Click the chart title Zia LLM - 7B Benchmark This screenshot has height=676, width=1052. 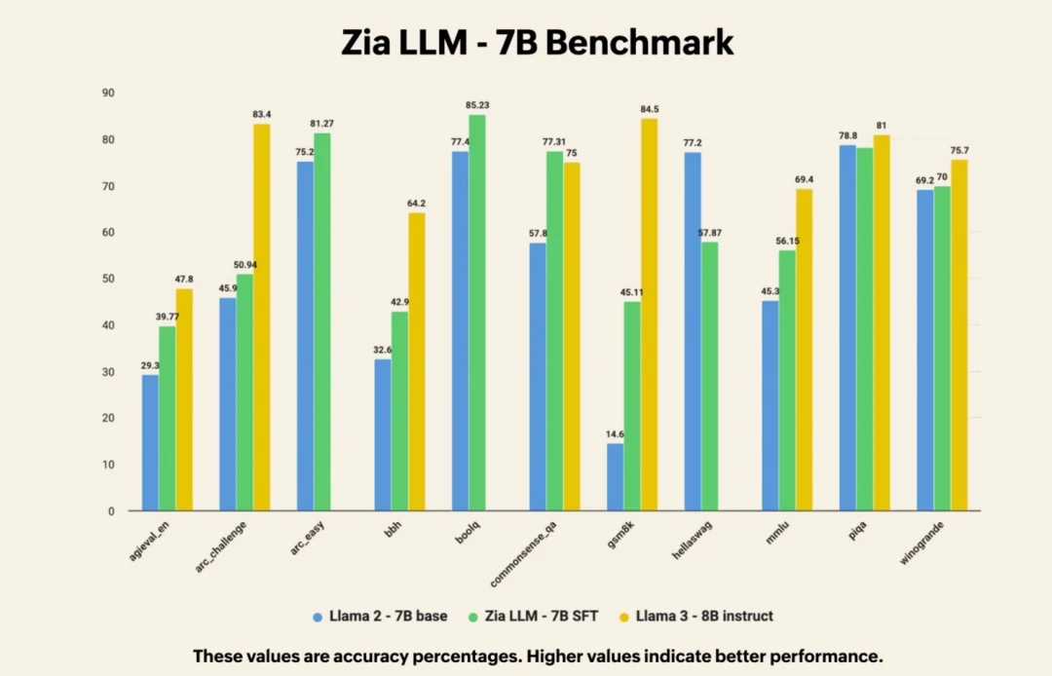(537, 42)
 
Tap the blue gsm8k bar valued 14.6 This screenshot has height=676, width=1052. (615, 477)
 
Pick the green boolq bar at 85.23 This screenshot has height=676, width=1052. (477, 313)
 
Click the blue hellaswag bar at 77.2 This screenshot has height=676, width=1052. (693, 331)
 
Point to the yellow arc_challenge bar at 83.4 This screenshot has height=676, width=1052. (262, 318)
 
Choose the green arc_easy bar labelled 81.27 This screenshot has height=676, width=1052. (321, 321)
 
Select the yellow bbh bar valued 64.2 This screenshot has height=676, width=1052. (416, 361)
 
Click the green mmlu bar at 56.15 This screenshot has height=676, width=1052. (787, 381)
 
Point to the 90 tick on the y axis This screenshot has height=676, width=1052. (107, 94)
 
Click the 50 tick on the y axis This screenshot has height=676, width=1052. (107, 280)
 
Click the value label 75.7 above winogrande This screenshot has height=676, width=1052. (960, 150)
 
